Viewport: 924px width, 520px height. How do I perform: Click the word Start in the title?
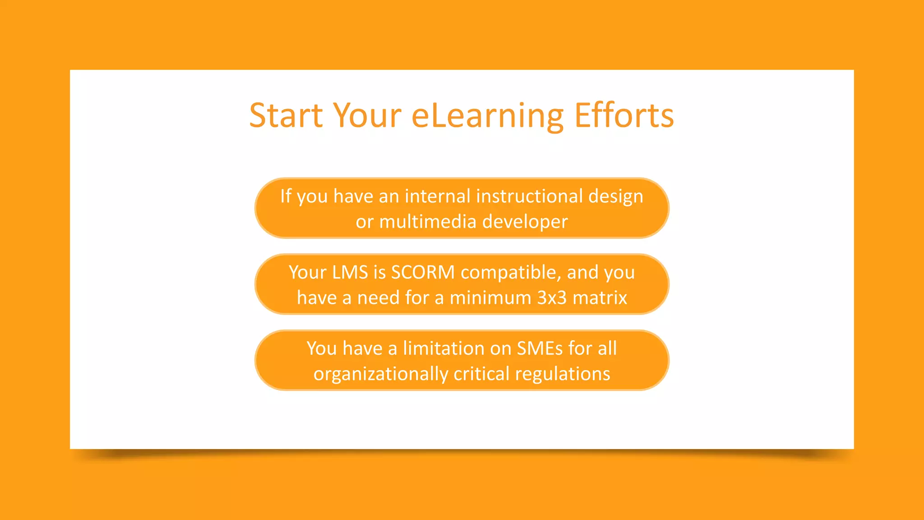click(x=286, y=116)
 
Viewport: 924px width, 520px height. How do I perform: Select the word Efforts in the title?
click(x=624, y=116)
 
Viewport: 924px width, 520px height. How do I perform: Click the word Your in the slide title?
click(x=367, y=116)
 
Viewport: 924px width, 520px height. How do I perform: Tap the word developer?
click(x=525, y=222)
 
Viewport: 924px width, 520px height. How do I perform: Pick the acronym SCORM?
click(x=423, y=272)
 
